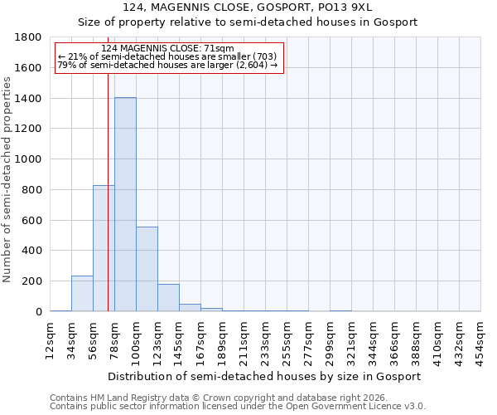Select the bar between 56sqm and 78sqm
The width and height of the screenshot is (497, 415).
click(104, 248)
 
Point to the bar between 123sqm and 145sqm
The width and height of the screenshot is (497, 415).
click(168, 297)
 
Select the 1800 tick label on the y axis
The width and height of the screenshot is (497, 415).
click(29, 37)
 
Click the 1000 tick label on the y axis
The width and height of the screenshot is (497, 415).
click(29, 159)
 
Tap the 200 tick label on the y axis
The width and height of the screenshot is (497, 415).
click(32, 281)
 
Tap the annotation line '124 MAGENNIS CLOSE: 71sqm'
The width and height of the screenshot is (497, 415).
click(168, 48)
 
